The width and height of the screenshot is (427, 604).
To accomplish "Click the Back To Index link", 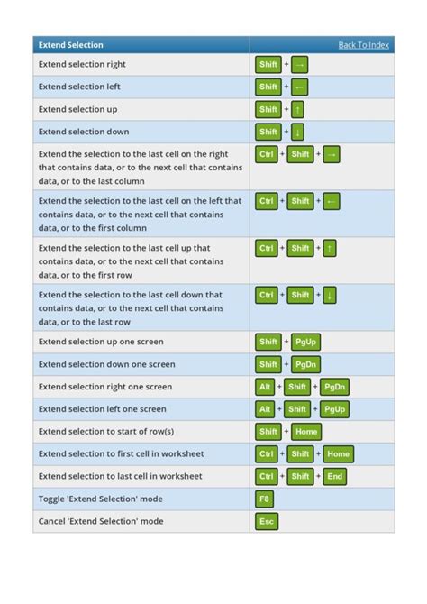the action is click(x=363, y=45).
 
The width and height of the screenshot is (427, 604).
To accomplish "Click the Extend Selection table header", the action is click(x=70, y=45).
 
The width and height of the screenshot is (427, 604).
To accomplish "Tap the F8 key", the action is click(x=265, y=499).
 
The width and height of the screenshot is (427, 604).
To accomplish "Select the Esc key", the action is click(x=266, y=521).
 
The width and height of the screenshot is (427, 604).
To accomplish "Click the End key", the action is click(x=334, y=476).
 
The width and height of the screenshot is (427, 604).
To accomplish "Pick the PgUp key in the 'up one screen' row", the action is click(x=306, y=342).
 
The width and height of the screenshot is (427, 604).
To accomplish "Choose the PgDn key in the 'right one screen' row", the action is click(x=334, y=387).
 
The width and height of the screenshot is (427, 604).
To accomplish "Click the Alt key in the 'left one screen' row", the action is click(x=265, y=409).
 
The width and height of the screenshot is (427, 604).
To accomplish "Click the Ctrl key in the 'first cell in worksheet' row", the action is click(x=266, y=453).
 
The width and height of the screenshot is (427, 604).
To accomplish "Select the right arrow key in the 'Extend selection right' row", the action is click(x=299, y=64).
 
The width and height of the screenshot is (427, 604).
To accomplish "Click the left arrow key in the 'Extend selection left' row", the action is click(x=299, y=87).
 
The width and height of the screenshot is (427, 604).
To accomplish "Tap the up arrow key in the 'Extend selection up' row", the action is click(x=298, y=109).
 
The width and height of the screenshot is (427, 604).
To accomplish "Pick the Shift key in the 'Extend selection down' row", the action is click(x=268, y=132).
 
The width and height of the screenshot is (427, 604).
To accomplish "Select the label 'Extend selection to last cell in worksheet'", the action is click(x=120, y=476).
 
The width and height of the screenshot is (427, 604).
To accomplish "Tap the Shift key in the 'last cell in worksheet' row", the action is click(x=300, y=476).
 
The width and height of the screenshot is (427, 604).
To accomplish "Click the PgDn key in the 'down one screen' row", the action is click(x=306, y=364).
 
